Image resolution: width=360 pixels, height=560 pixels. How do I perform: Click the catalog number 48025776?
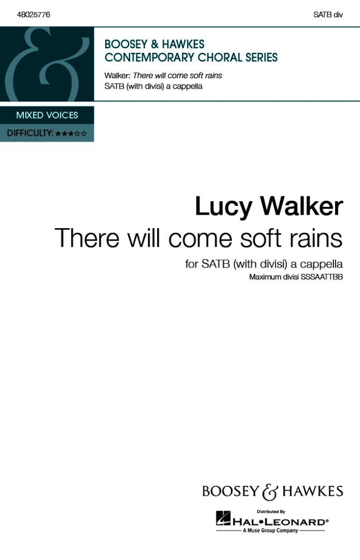pos(33,15)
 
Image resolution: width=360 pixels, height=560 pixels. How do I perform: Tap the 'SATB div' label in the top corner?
pos(328,15)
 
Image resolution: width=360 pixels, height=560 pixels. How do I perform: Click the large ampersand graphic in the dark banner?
pos(47,64)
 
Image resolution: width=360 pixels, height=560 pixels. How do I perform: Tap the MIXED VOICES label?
pos(47,115)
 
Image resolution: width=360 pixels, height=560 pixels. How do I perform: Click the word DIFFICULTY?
pos(30,133)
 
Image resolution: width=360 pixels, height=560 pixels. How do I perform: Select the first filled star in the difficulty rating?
pos(58,134)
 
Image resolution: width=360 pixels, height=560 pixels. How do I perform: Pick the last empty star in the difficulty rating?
pos(84,134)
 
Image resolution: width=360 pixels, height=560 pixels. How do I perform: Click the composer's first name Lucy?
pos(224,207)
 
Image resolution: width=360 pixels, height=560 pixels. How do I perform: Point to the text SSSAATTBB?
pos(322,277)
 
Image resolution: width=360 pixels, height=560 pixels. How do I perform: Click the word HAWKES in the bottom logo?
pos(312,491)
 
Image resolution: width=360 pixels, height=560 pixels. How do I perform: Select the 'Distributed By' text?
pos(271,512)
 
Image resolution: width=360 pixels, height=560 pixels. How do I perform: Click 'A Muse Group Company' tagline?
pos(270,530)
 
